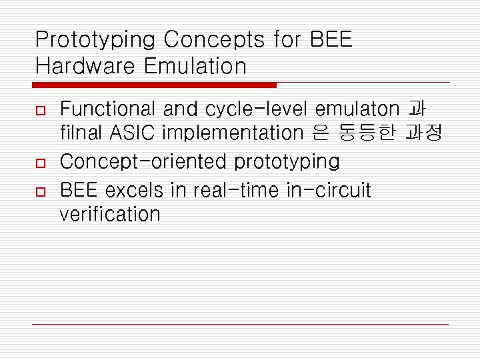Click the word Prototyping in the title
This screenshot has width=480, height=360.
(x=95, y=41)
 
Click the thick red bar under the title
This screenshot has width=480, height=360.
(x=154, y=85)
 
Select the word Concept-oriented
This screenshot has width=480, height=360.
(x=143, y=161)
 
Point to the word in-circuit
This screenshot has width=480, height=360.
(x=329, y=190)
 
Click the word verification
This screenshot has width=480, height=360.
(x=110, y=214)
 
